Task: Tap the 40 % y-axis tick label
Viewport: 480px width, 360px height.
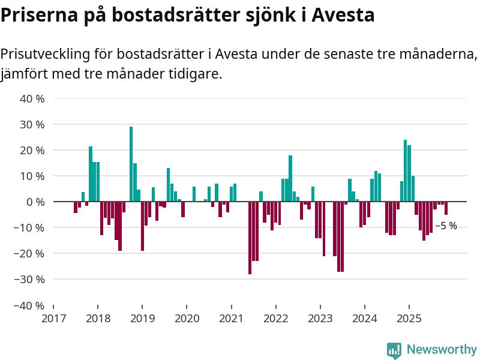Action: coord(32,99)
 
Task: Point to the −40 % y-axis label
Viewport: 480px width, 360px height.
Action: coord(29,305)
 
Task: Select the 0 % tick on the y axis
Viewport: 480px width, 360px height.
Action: coord(35,202)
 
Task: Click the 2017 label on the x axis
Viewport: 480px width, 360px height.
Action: coord(53,318)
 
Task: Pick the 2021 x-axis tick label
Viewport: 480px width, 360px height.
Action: coord(231,318)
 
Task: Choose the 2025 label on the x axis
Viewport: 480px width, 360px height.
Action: coord(409,318)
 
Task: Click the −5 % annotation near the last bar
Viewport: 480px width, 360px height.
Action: coord(446,226)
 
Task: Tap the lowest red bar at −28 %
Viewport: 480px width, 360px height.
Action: coord(250,238)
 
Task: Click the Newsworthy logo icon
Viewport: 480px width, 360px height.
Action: coord(394,350)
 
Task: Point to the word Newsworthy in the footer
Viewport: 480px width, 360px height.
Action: coord(442,350)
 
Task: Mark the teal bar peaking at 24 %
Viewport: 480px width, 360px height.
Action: coord(406,171)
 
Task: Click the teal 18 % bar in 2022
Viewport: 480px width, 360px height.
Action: coord(290,178)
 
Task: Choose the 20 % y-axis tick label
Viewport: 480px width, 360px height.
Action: coord(32,151)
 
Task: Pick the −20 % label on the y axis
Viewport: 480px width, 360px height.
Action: coord(29,254)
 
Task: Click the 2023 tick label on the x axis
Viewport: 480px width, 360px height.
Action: coord(320,318)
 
